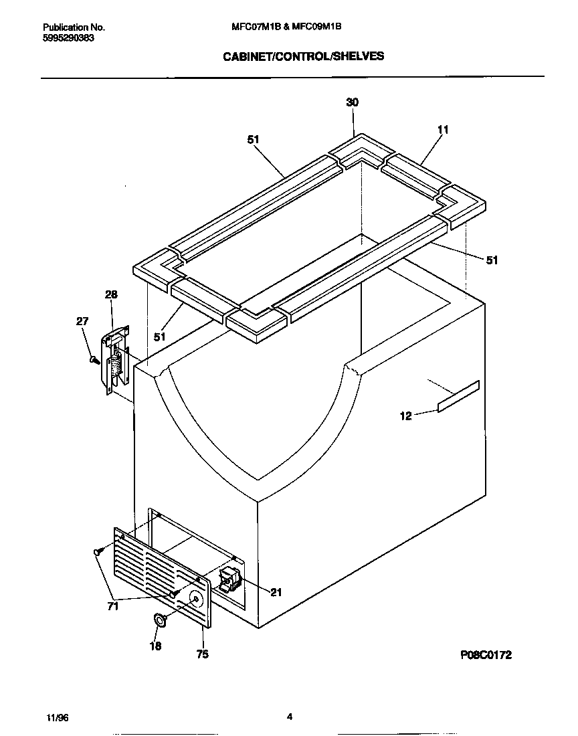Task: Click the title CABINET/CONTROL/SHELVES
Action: coord(303,56)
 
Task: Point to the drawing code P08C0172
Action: coord(485,655)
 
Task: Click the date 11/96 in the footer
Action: coord(57,717)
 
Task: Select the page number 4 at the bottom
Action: coord(289,717)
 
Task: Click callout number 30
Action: coord(352,102)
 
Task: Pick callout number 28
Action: coord(111,294)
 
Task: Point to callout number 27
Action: coord(82,321)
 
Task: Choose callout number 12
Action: coord(405,416)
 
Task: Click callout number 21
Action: coord(276,591)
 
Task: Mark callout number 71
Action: coord(113,606)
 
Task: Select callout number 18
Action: coord(155,646)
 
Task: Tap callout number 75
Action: coord(202,654)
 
